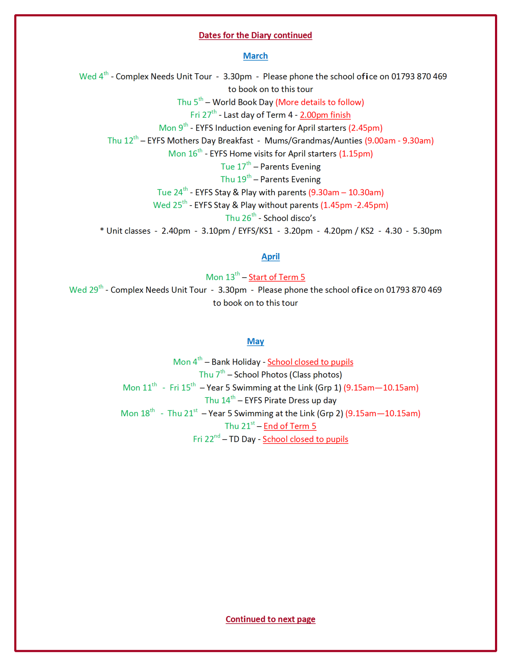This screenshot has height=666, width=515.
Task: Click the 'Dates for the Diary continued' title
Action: coord(255,35)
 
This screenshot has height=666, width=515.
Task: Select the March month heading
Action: coord(255,56)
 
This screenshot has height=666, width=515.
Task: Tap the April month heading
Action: coord(270,257)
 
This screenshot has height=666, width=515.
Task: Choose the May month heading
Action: coord(255,341)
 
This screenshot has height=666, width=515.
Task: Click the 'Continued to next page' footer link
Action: coord(270,619)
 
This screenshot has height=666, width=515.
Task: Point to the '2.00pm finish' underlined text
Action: coord(325,115)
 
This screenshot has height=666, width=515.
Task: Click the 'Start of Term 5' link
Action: coord(277,277)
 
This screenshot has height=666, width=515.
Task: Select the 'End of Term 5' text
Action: coord(290,426)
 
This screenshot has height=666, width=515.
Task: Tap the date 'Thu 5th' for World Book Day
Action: coord(190,102)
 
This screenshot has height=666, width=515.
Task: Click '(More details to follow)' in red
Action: coord(320,102)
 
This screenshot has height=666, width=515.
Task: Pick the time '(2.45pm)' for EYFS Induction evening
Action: coord(365,128)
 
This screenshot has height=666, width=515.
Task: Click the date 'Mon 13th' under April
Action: coord(222,277)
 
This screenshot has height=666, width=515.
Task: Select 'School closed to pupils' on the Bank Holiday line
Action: coord(310,362)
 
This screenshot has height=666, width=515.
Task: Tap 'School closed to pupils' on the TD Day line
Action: coord(305,439)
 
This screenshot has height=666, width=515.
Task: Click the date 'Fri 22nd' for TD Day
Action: coord(206,439)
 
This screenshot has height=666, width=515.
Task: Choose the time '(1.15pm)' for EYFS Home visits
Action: coord(355,154)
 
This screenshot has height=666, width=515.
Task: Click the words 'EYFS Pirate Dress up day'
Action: coord(290,400)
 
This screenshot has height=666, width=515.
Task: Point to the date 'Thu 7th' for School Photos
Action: coord(212,375)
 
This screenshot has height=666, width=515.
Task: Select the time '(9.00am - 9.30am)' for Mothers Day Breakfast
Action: coord(399,141)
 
